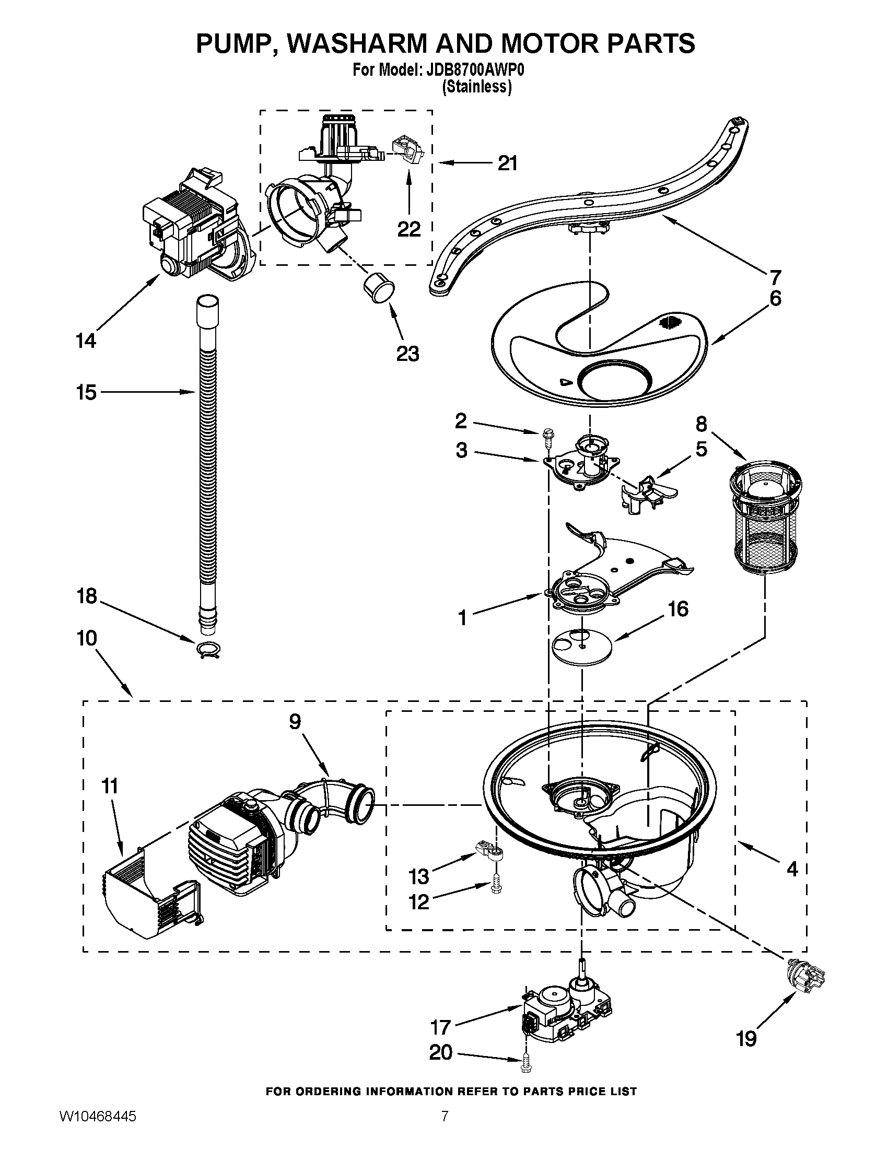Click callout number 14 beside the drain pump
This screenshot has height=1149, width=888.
pyautogui.click(x=86, y=341)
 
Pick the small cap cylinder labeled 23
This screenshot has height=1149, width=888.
pyautogui.click(x=378, y=288)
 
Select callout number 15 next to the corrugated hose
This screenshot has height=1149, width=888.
pyautogui.click(x=86, y=392)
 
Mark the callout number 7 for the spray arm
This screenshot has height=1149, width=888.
pyautogui.click(x=776, y=277)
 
